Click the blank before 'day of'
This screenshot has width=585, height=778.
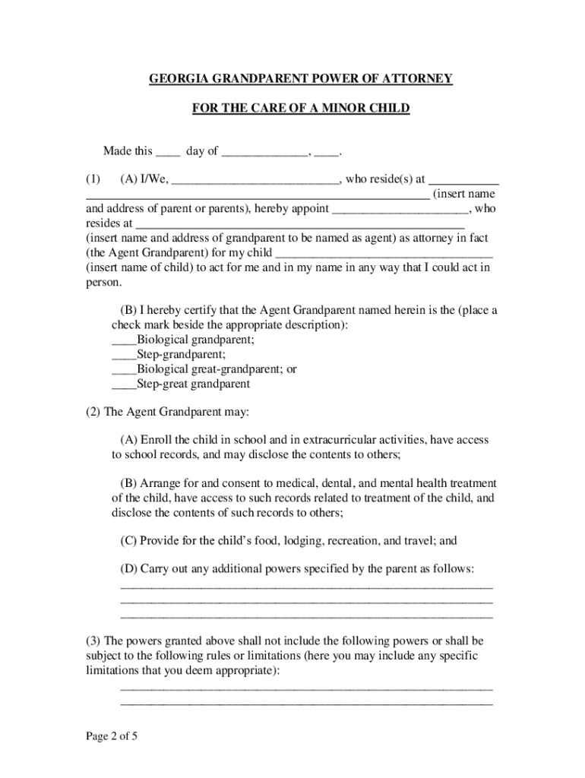click(168, 151)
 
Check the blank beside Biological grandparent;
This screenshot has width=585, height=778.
click(124, 340)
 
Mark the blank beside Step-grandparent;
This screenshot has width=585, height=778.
click(124, 355)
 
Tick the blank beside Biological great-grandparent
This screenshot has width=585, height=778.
click(124, 369)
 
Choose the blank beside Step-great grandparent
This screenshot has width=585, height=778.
click(124, 384)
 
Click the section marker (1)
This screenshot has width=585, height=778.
click(93, 180)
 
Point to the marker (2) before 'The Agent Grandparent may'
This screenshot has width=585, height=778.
click(93, 412)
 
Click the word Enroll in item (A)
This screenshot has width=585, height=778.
click(155, 440)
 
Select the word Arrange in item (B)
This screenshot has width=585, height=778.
click(158, 483)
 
